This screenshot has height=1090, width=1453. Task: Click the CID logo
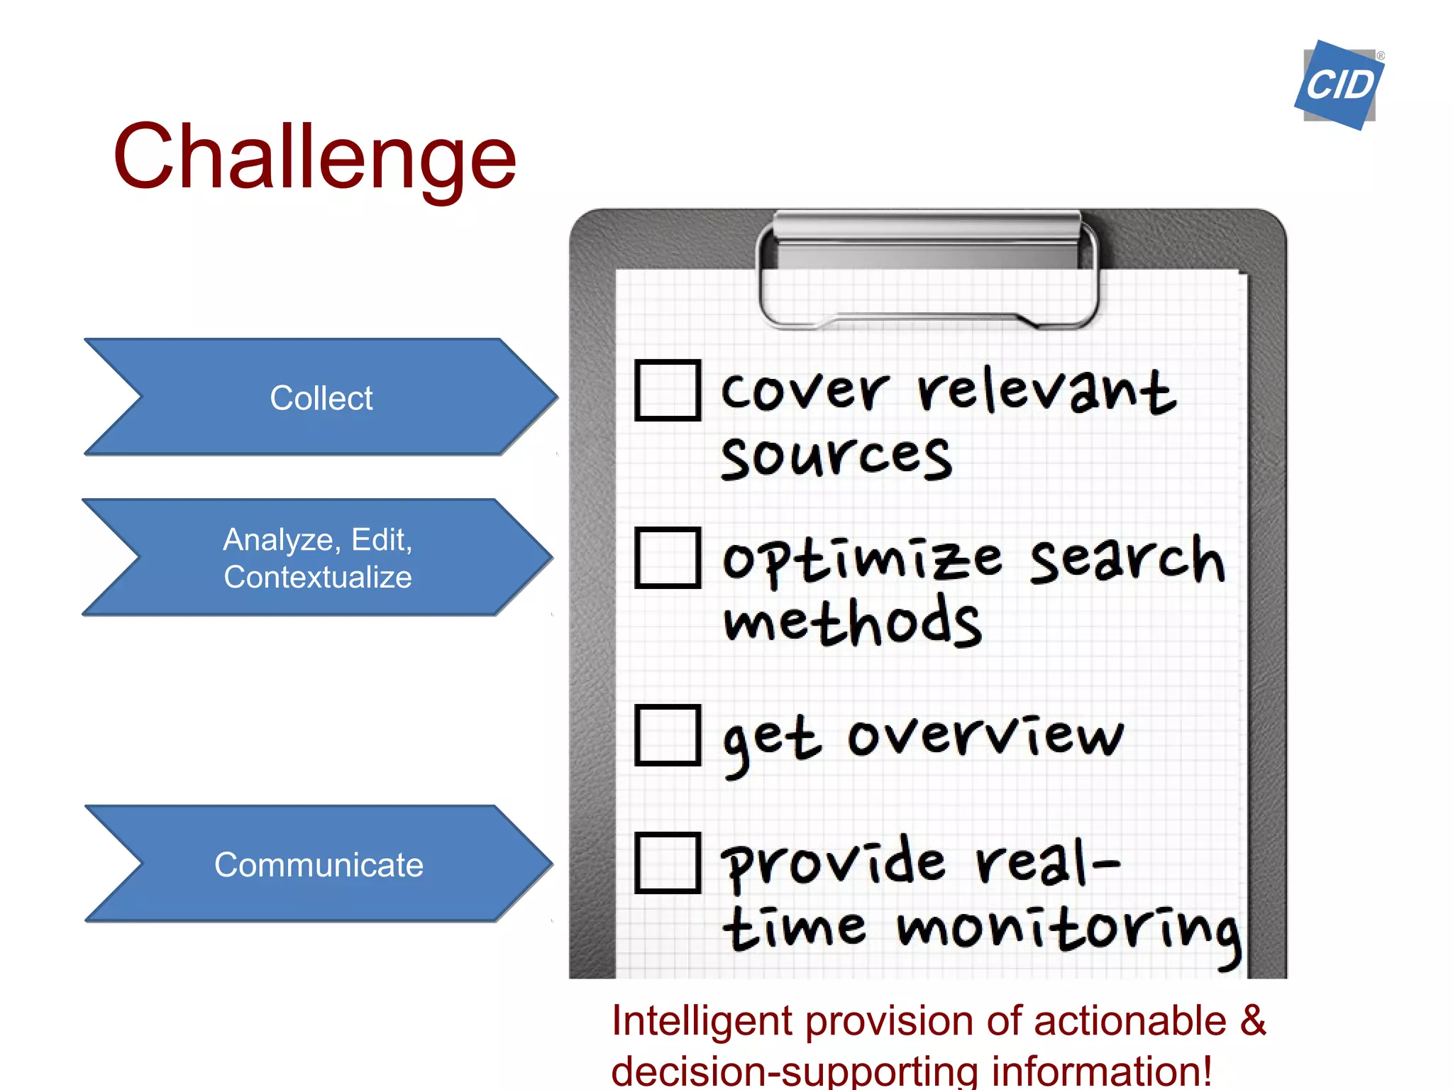click(x=1339, y=85)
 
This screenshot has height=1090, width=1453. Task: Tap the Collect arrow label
click(x=321, y=397)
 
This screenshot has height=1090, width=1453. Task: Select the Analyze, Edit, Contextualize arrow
click(x=317, y=558)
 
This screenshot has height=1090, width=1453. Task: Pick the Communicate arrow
click(x=319, y=864)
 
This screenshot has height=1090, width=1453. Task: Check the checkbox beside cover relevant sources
click(x=668, y=390)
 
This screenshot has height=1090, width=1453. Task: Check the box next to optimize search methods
click(x=668, y=558)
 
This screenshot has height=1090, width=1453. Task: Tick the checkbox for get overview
click(x=668, y=735)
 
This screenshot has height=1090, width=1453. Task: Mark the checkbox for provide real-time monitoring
click(x=668, y=862)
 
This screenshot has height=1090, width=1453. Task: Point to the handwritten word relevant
click(x=1046, y=392)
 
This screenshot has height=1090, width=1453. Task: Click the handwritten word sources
click(x=836, y=458)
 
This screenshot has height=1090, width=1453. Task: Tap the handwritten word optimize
click(x=862, y=561)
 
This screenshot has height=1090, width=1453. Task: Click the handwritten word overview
click(x=986, y=736)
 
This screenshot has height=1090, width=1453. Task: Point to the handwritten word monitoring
click(x=1068, y=930)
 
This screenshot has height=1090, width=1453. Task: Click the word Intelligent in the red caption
click(x=702, y=1021)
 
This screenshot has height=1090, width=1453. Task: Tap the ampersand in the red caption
click(x=1254, y=1020)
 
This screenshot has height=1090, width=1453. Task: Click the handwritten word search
click(x=1127, y=561)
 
